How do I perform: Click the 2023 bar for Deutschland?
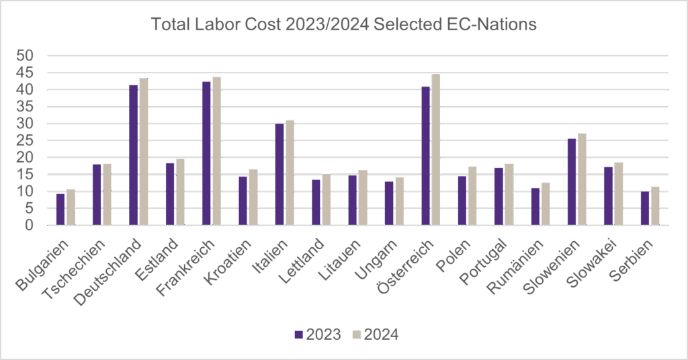pyautogui.click(x=134, y=155)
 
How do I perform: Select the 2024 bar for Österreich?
pyautogui.click(x=435, y=150)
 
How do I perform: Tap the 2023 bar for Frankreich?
pyautogui.click(x=206, y=153)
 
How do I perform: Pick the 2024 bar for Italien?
pyautogui.click(x=290, y=173)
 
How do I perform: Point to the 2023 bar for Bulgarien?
pyautogui.click(x=60, y=209)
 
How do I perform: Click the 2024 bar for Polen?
pyautogui.click(x=472, y=195)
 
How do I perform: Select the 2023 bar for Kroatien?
pyautogui.click(x=243, y=200)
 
